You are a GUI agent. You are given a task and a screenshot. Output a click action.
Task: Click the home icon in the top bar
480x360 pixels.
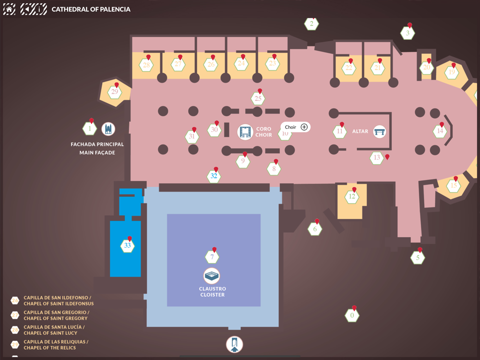(10, 9)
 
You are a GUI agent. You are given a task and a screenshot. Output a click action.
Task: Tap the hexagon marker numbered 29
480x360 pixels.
(115, 92)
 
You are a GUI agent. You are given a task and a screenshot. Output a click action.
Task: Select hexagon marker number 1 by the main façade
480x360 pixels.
(89, 129)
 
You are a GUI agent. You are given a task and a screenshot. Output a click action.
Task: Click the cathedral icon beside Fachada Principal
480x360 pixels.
(108, 129)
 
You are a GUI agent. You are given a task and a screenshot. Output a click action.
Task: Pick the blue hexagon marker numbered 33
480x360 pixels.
(127, 246)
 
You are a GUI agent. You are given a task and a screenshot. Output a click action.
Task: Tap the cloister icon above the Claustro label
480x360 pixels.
(212, 276)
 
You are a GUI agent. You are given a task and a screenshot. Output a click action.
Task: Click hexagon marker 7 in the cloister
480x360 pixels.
(212, 257)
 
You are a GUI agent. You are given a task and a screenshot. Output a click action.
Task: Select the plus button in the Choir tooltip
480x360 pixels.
(304, 127)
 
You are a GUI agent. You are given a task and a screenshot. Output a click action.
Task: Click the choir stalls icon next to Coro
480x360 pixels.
(245, 132)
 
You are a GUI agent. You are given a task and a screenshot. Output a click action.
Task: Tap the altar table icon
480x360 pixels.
(380, 131)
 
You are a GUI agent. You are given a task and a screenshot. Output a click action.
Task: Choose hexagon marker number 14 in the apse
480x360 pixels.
(440, 131)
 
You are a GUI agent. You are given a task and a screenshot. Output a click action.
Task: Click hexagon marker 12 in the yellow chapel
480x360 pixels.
(352, 196)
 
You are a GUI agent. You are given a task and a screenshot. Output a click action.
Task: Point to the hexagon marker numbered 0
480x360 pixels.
(352, 315)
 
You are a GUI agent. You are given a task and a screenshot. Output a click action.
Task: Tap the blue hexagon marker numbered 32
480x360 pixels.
(214, 176)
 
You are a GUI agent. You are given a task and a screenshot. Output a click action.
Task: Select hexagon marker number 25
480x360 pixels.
(258, 99)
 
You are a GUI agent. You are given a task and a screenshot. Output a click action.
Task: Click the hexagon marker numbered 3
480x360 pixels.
(408, 33)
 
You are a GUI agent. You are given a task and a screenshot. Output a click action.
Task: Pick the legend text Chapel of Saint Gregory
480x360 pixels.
(56, 318)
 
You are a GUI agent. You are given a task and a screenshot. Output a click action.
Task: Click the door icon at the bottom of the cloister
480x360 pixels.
(234, 344)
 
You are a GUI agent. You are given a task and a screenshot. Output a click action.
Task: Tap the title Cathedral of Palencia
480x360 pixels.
(91, 9)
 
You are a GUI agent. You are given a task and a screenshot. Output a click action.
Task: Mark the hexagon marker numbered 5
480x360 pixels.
(418, 258)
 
